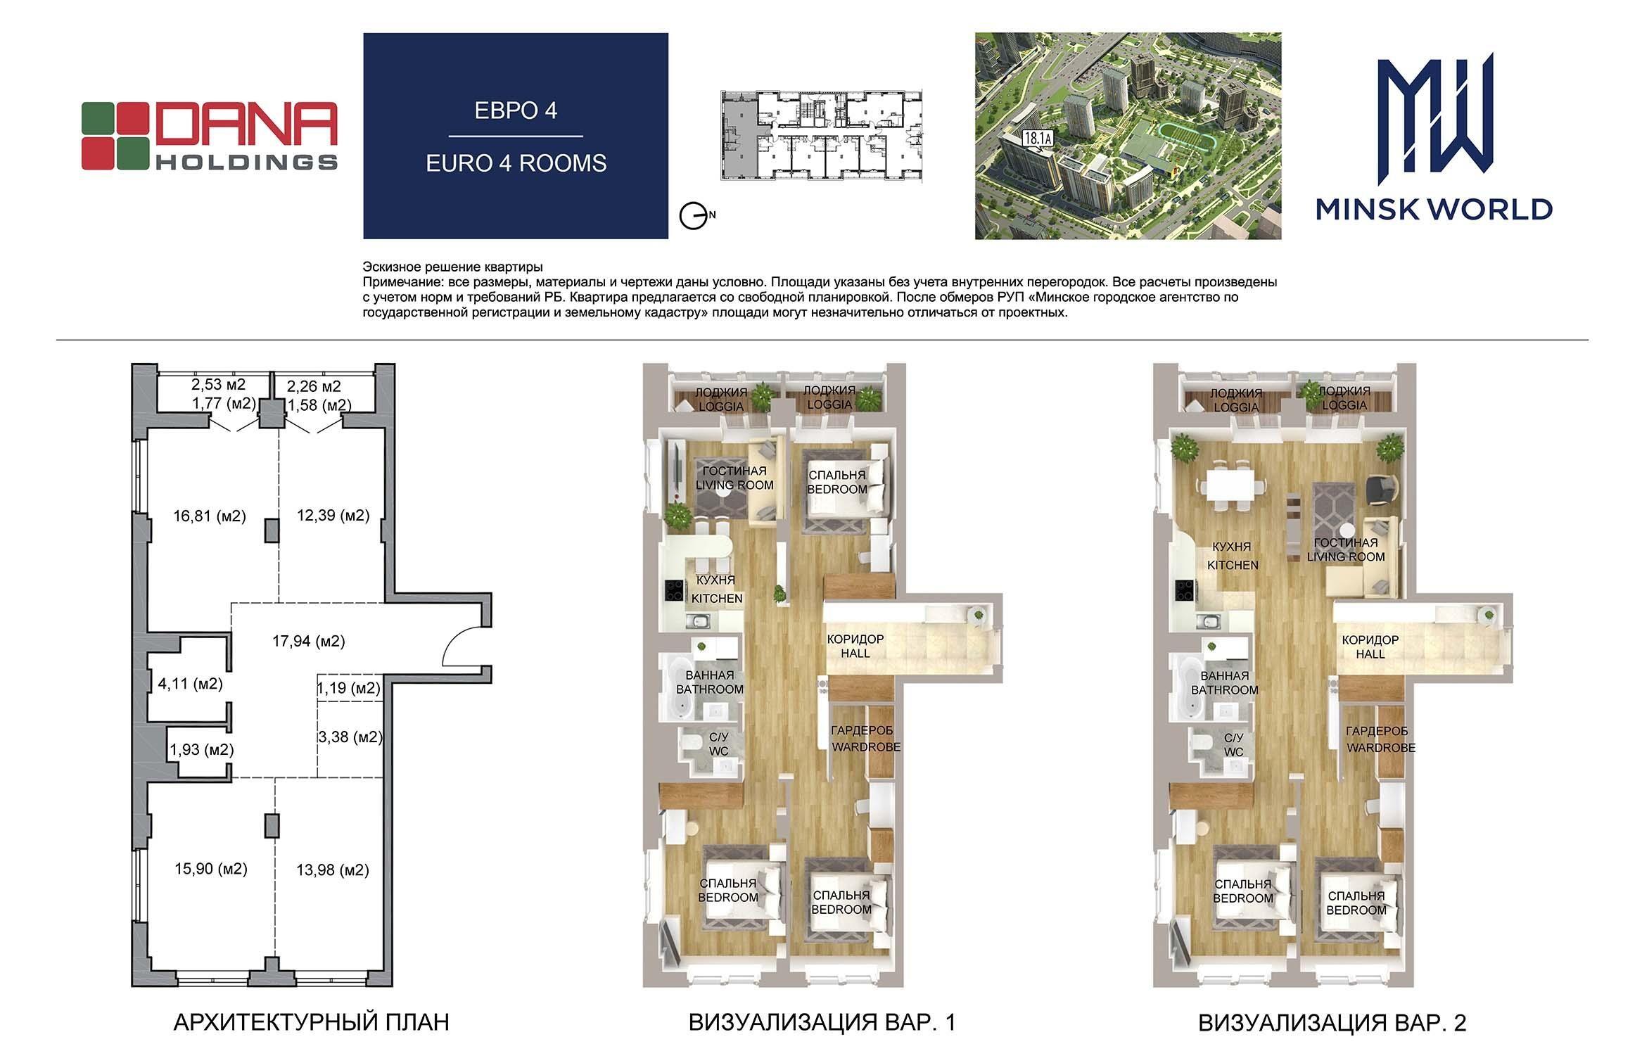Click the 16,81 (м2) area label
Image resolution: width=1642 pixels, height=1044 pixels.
pyautogui.click(x=210, y=516)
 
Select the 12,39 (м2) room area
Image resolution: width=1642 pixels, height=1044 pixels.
pyautogui.click(x=333, y=516)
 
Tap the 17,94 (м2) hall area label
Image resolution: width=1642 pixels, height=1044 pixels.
pyautogui.click(x=309, y=641)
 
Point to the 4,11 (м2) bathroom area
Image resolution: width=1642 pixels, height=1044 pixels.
pyautogui.click(x=191, y=683)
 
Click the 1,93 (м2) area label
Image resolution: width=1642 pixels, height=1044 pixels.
pyautogui.click(x=202, y=750)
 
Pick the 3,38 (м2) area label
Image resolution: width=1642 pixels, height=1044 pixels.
pyautogui.click(x=350, y=737)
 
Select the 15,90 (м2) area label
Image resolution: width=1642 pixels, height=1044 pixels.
pyautogui.click(x=211, y=869)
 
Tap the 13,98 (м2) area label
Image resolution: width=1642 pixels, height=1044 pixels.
pyautogui.click(x=333, y=870)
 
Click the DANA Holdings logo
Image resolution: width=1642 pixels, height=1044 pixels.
pyautogui.click(x=210, y=136)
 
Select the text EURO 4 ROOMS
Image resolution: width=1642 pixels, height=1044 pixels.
pyautogui.click(x=516, y=163)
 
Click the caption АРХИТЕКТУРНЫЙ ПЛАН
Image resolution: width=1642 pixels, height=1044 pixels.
pyautogui.click(x=311, y=1022)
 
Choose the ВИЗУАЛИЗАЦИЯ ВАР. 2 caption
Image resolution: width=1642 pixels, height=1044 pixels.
pyautogui.click(x=1332, y=1022)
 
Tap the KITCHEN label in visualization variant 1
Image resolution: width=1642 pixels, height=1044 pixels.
pyautogui.click(x=717, y=599)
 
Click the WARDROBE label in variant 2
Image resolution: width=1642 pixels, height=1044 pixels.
pyautogui.click(x=1381, y=748)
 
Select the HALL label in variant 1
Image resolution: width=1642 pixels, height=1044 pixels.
pyautogui.click(x=855, y=654)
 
